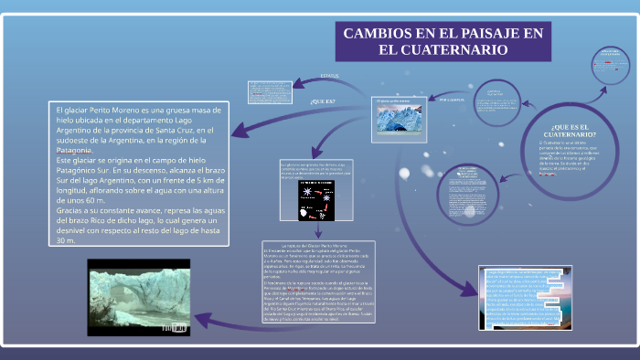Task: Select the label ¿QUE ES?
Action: coord(323,101)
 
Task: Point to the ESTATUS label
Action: coord(329,75)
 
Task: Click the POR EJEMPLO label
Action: coord(452,99)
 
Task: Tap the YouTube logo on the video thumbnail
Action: coord(173,324)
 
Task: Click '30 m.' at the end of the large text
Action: coord(66,241)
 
